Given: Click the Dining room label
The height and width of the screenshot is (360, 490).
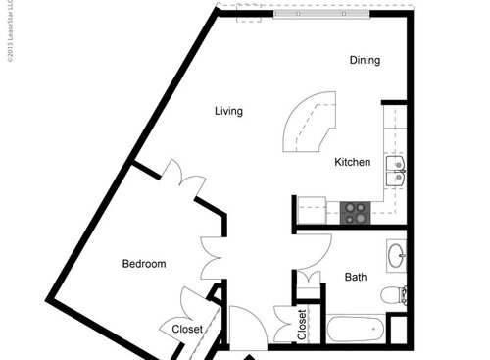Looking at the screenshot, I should (x=365, y=61).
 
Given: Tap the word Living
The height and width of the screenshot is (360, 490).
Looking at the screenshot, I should (x=228, y=111).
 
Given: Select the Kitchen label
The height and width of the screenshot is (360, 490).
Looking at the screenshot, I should (x=352, y=162).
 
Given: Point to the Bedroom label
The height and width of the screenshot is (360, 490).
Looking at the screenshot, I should (x=143, y=264).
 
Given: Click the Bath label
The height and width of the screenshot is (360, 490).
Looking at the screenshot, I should (x=356, y=278).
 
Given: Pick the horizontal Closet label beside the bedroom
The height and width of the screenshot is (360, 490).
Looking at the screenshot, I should (x=186, y=330).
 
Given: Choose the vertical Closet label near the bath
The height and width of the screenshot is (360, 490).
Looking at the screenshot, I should (x=302, y=324).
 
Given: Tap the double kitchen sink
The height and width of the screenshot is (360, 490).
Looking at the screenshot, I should (x=396, y=170).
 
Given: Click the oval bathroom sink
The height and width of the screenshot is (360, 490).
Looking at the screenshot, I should (x=396, y=257).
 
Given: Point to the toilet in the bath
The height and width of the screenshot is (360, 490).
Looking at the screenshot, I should (x=391, y=294).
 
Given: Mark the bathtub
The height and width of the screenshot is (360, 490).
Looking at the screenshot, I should (x=355, y=330).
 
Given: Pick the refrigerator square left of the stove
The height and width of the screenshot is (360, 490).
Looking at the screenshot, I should (x=312, y=209).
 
